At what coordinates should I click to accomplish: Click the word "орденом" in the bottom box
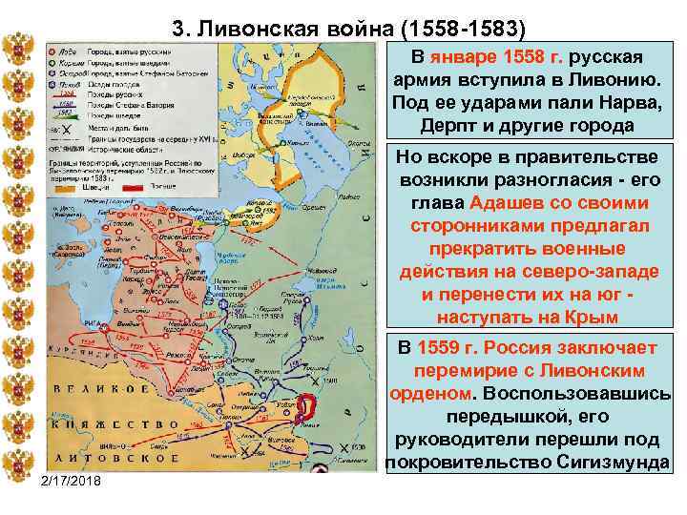429,393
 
